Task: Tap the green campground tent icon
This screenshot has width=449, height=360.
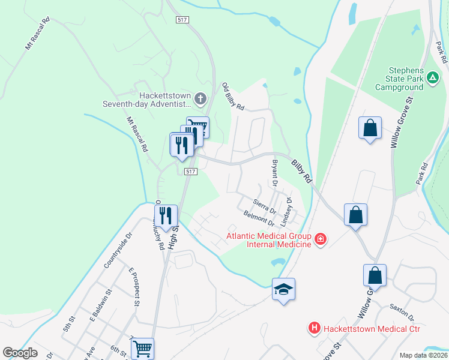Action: pos(432,77)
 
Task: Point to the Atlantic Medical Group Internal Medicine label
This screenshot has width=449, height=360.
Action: pos(268,239)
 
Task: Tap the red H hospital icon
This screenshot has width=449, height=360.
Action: pos(313,328)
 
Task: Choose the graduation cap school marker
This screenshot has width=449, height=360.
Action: pos(284,290)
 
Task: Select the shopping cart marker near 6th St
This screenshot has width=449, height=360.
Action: pos(143,348)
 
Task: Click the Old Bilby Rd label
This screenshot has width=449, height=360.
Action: pos(233,97)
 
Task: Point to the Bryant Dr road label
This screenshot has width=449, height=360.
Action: pos(275,172)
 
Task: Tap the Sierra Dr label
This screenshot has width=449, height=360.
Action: pos(264,207)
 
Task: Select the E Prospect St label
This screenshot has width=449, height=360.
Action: pos(133,287)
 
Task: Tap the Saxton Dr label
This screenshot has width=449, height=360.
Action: pos(402,312)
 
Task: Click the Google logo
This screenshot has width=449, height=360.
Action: pos(20,353)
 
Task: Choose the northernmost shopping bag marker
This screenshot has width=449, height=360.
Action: pos(370,128)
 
